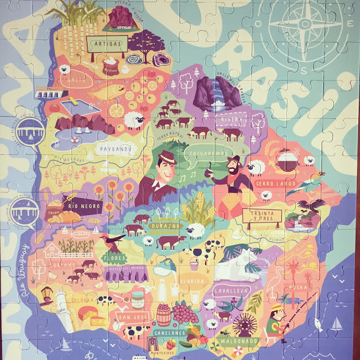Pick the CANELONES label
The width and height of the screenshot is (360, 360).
click(x=169, y=333)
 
